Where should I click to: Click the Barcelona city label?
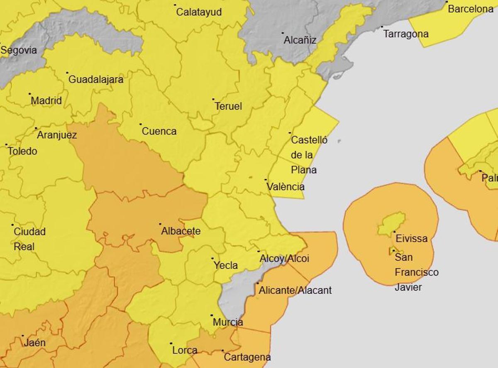(471, 9)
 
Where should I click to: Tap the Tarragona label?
(405, 34)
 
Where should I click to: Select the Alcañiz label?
(300, 40)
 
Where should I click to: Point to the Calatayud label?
(199, 12)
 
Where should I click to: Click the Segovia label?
(19, 51)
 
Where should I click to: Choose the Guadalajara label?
(95, 80)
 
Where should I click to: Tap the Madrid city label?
(46, 101)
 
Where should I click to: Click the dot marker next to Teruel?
(213, 99)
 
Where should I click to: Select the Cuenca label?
(159, 131)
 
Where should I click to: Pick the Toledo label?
(22, 151)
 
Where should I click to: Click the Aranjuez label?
(57, 135)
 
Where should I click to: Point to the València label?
(286, 187)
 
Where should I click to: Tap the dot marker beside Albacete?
(160, 224)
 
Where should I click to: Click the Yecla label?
(225, 265)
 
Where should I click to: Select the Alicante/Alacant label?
(295, 291)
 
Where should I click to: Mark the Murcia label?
(227, 322)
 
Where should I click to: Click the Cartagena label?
(247, 357)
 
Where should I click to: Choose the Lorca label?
(184, 350)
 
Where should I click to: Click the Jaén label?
(34, 343)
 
